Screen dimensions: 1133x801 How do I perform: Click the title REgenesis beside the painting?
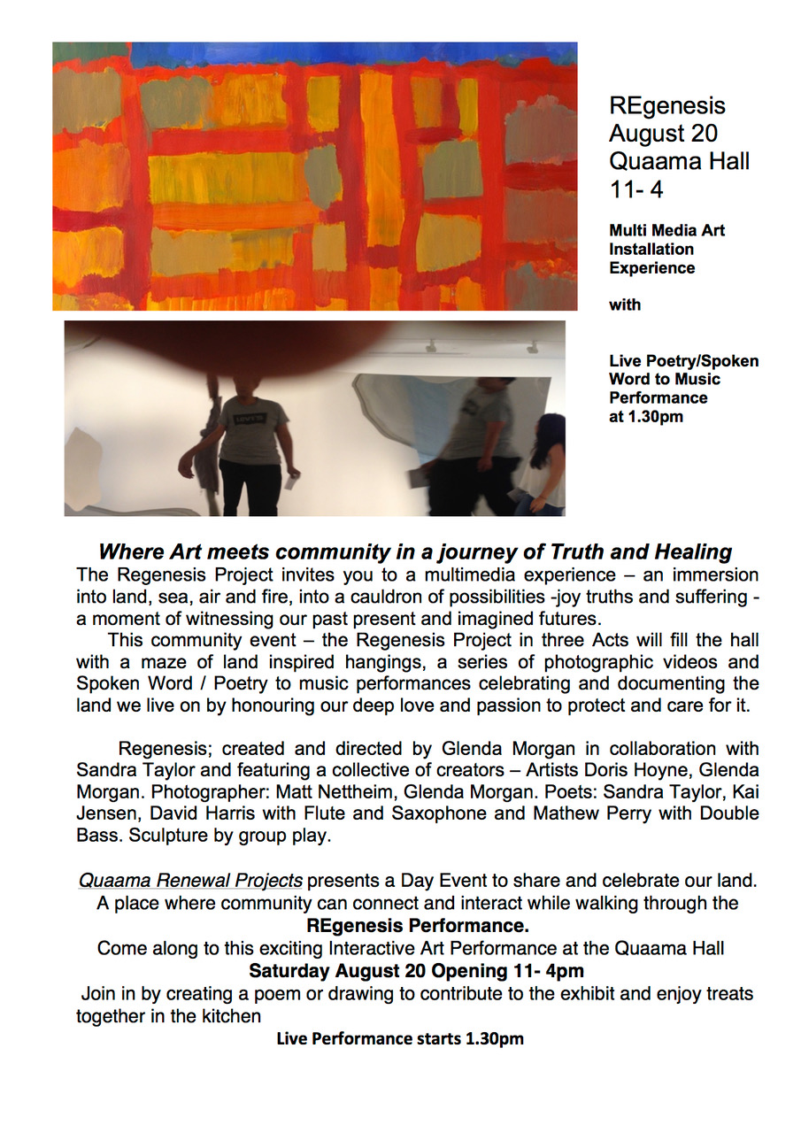coord(666,106)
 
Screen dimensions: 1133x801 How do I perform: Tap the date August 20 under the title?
coord(663,135)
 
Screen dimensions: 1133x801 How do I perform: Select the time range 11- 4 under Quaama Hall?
coord(635,189)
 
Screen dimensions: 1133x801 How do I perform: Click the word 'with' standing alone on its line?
coord(625,305)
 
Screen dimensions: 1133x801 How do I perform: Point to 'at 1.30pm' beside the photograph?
coord(646,417)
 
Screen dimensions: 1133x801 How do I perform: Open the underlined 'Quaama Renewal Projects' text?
coord(190,881)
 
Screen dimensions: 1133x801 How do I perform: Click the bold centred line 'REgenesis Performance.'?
coord(418,926)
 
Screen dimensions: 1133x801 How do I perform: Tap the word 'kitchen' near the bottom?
coord(232,1016)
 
